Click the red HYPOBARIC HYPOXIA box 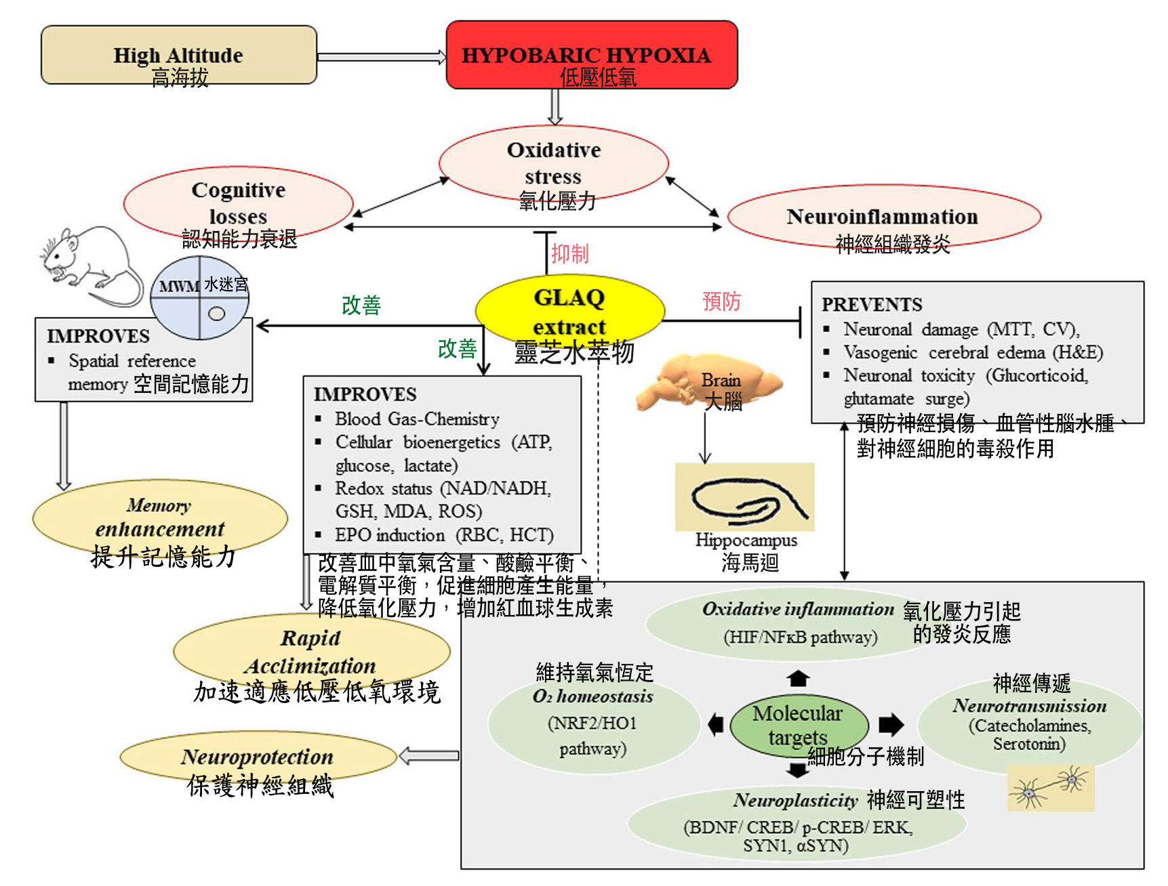click(591, 55)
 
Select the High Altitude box click(178, 55)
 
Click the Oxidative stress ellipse click(553, 163)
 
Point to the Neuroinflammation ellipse click(883, 217)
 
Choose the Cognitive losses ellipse click(238, 203)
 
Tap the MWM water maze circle click(200, 298)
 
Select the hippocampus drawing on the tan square click(744, 498)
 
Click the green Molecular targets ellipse click(799, 725)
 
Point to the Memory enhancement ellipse click(159, 518)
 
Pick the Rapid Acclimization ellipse click(311, 651)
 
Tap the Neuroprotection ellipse click(258, 757)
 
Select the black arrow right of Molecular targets click(891, 725)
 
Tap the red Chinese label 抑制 click(569, 254)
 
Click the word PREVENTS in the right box click(872, 305)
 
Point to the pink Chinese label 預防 click(721, 301)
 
